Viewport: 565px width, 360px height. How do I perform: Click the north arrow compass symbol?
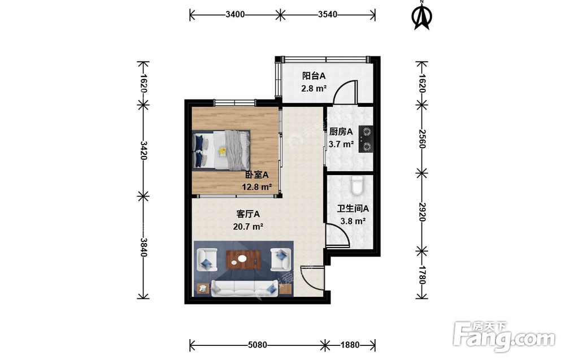tap(422, 15)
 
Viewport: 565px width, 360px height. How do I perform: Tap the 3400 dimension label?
tap(235, 15)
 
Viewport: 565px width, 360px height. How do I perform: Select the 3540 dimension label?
tap(328, 15)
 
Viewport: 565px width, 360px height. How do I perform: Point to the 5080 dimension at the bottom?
tap(257, 345)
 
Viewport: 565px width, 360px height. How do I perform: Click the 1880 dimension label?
tap(350, 345)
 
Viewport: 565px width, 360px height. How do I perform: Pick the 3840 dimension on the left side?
tap(144, 247)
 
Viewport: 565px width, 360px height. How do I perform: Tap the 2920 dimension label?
tap(422, 212)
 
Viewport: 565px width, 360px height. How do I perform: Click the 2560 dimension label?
tap(422, 138)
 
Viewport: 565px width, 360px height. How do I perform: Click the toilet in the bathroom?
tap(357, 185)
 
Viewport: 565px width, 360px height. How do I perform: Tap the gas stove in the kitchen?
tap(366, 139)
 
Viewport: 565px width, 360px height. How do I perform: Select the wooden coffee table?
tap(243, 259)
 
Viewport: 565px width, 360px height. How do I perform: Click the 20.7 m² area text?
tap(248, 227)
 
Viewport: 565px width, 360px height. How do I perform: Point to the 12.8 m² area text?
tap(257, 187)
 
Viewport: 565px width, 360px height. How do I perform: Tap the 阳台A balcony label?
tap(314, 76)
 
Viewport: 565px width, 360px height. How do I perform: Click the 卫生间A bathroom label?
tap(353, 209)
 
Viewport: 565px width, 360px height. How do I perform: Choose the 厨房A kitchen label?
tap(341, 132)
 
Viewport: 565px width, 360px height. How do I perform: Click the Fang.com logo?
tap(504, 337)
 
